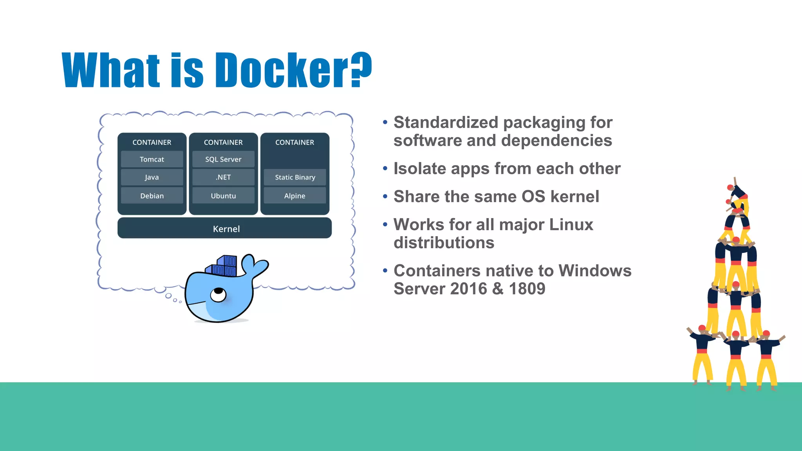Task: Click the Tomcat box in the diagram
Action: pos(152,159)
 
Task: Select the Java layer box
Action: pos(152,177)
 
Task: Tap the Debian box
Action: pos(152,196)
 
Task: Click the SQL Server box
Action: pos(223,159)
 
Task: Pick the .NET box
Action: pos(223,177)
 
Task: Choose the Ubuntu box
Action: pos(223,196)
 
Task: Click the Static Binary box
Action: pos(295,177)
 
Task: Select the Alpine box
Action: pos(295,196)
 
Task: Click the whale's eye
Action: pos(218,294)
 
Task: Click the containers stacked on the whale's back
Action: pos(222,267)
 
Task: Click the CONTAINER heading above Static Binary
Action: pos(295,143)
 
